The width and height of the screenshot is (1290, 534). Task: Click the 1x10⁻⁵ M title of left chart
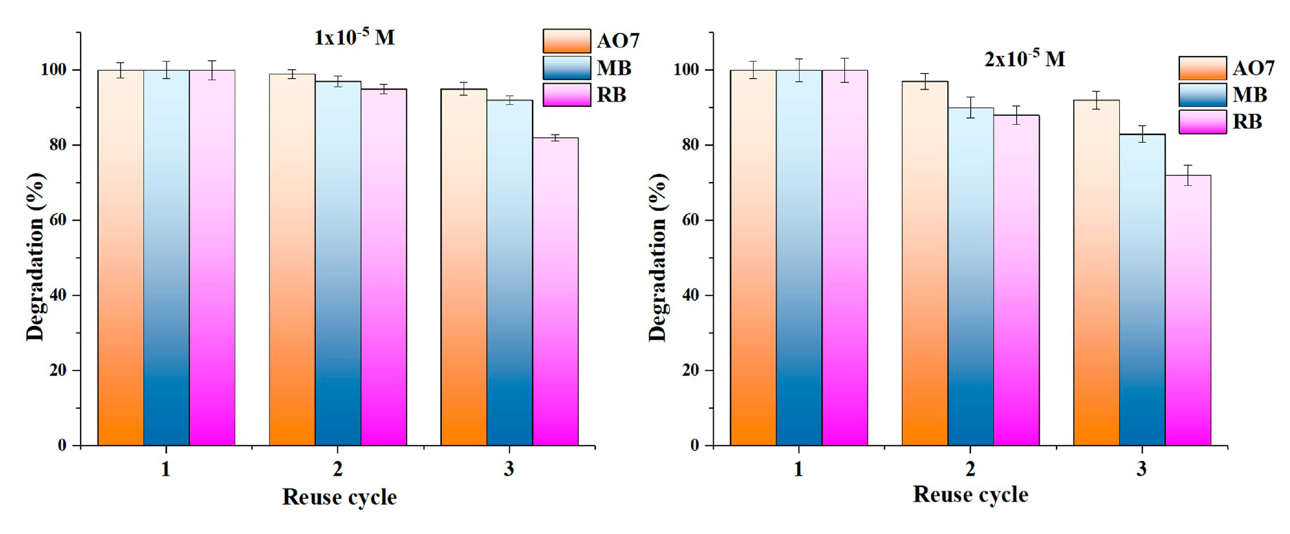pyautogui.click(x=354, y=38)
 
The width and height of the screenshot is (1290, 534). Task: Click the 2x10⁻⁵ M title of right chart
pyautogui.click(x=1024, y=59)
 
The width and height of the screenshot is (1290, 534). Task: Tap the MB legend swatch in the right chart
pyautogui.click(x=1203, y=95)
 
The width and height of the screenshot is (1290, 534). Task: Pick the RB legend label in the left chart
pyautogui.click(x=612, y=95)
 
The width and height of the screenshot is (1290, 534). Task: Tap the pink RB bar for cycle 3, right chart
pyautogui.click(x=1188, y=310)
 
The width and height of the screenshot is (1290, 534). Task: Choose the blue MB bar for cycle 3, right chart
pyautogui.click(x=1142, y=290)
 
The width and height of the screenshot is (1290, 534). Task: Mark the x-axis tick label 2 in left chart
pyautogui.click(x=338, y=469)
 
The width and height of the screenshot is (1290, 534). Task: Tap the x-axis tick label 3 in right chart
pyautogui.click(x=1142, y=469)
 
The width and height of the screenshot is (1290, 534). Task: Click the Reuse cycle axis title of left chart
pyautogui.click(x=339, y=497)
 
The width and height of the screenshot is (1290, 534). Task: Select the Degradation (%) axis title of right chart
pyautogui.click(x=658, y=258)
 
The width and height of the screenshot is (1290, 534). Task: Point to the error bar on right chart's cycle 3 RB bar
pyautogui.click(x=1188, y=175)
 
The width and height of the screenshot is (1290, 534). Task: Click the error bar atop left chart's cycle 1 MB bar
pyautogui.click(x=167, y=70)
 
